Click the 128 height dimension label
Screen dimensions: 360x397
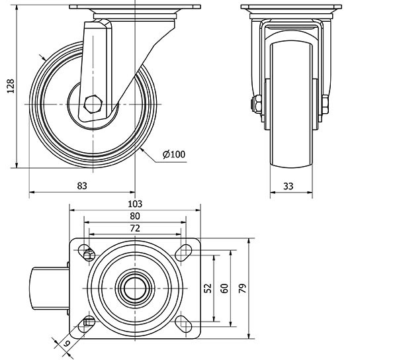(x=9, y=85)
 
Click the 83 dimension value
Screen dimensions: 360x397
(x=82, y=186)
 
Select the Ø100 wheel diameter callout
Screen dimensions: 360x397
(x=173, y=155)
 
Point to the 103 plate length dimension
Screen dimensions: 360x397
(x=135, y=204)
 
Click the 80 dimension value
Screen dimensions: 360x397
(x=135, y=216)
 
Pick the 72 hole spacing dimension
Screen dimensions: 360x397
(x=135, y=228)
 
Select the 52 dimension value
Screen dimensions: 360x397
(x=207, y=288)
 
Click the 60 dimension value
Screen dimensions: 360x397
(x=224, y=288)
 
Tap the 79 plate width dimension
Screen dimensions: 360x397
(x=243, y=288)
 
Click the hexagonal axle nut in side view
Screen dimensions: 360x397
(x=93, y=103)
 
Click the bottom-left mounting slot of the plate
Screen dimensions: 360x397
(x=87, y=323)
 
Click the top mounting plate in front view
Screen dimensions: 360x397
(x=291, y=11)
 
